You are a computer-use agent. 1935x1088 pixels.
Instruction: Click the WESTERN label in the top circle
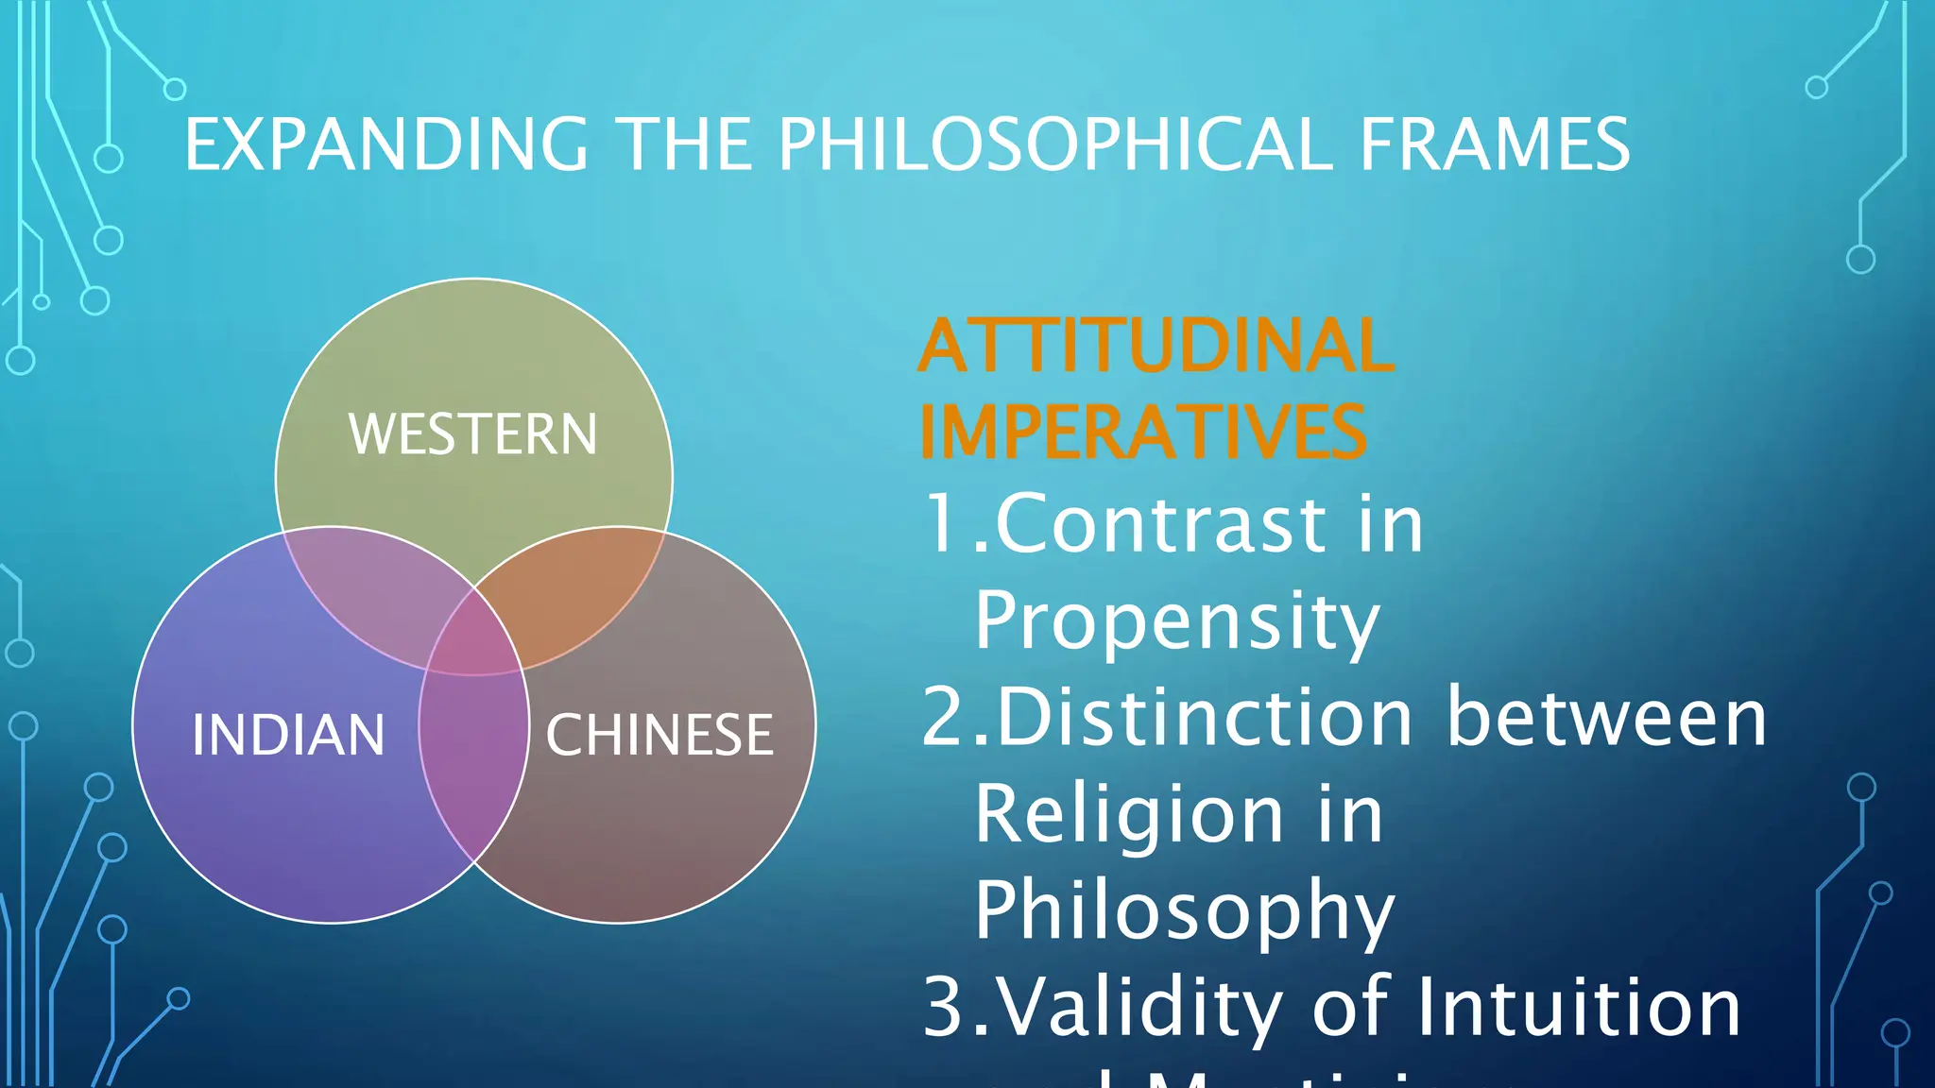tap(473, 434)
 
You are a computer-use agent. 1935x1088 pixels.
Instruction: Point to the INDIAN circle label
tap(288, 735)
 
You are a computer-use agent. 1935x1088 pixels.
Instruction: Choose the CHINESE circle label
tap(659, 735)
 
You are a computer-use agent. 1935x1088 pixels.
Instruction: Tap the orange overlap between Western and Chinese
tap(576, 590)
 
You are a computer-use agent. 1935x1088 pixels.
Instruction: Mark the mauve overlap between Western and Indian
tap(373, 590)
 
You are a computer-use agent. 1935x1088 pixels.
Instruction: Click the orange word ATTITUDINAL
tap(1156, 347)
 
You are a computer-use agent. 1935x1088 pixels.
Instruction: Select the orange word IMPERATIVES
tap(1142, 433)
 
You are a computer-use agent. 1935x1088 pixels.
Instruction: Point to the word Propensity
tap(1177, 621)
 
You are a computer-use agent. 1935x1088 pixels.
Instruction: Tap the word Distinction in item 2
tap(1206, 718)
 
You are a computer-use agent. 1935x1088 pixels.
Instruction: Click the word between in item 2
tap(1606, 718)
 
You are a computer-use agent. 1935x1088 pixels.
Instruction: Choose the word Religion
tap(1129, 814)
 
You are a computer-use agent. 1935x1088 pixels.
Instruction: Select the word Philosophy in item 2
tap(1185, 910)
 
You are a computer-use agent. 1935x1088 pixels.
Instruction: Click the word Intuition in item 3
tap(1577, 1008)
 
